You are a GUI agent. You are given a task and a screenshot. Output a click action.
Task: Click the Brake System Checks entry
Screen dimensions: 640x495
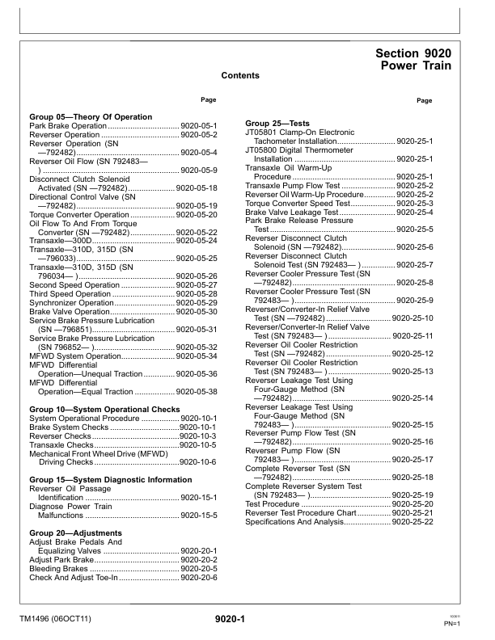pyautogui.click(x=68, y=427)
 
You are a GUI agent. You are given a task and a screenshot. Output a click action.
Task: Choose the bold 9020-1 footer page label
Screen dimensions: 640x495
pyautogui.click(x=230, y=620)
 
